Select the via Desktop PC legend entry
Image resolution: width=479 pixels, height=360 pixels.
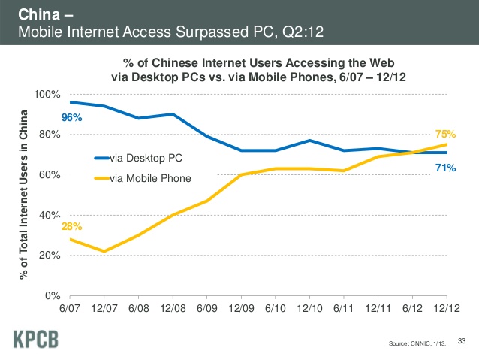[x=145, y=158]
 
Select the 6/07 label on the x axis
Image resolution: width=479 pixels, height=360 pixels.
[x=69, y=308]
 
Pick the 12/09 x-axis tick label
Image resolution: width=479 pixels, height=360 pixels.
[x=240, y=308]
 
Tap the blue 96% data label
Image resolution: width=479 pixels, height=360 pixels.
[x=72, y=118]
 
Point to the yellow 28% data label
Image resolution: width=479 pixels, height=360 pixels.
[x=72, y=226]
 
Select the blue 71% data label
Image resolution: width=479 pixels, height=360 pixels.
[x=445, y=168]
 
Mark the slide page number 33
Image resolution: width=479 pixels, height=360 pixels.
[x=462, y=340]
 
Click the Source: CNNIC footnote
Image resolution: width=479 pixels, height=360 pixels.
[x=413, y=343]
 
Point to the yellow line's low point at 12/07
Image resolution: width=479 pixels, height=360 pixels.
[x=104, y=251]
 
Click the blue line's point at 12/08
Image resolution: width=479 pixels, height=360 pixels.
[x=172, y=114]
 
